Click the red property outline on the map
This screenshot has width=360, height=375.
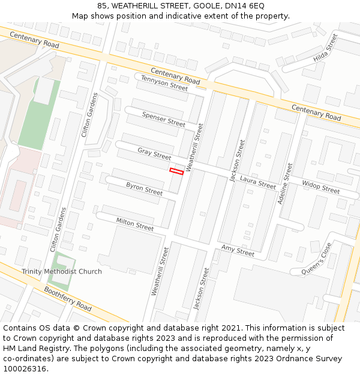click(x=176, y=171)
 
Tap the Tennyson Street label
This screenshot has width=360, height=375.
click(x=164, y=82)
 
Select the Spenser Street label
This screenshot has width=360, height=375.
click(x=163, y=119)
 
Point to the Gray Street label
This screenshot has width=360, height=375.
click(x=154, y=154)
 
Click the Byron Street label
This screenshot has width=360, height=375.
click(x=144, y=189)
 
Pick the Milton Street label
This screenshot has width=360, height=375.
click(x=135, y=224)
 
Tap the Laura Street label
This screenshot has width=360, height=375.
click(x=258, y=182)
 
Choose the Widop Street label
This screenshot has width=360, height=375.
click(x=320, y=187)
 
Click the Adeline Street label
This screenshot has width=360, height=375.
click(x=285, y=184)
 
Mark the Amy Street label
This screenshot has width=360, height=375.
click(x=238, y=250)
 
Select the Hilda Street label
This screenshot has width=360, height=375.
click(x=325, y=49)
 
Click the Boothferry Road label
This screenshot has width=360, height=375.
click(x=67, y=298)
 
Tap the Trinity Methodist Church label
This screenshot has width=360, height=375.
click(x=62, y=272)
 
